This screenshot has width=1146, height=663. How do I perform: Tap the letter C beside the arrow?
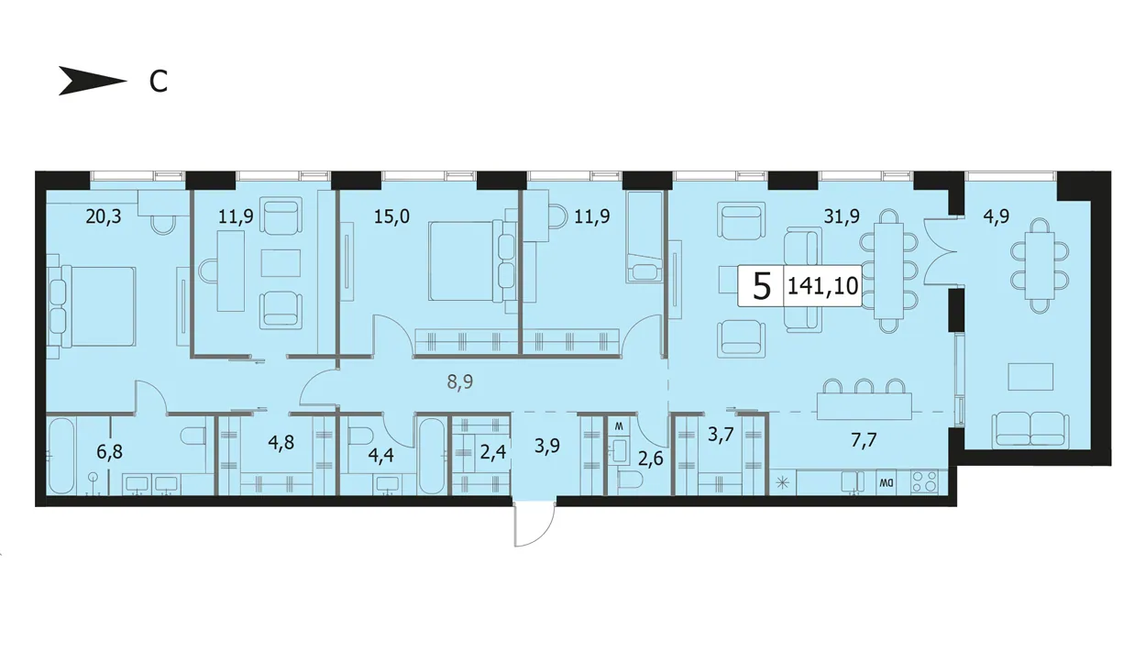158,82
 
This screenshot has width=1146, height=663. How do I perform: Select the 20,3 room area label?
104,217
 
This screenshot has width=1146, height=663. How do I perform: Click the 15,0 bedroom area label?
391,217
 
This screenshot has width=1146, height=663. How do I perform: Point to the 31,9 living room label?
842,217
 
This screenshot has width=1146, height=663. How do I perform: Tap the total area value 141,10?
822,286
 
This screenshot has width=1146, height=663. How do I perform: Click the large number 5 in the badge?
762,286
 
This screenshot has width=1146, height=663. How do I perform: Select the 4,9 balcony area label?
996,217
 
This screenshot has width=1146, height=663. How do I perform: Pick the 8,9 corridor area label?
460,381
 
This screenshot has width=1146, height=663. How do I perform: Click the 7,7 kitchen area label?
865,440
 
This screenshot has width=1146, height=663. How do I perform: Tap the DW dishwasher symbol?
886,482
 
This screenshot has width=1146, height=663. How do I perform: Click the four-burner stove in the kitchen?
925,482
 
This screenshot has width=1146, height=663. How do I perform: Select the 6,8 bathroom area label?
109,452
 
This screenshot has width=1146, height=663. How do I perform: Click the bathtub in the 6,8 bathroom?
62,456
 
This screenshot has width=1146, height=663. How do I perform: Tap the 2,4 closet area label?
493,452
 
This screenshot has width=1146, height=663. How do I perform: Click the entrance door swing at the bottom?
534,525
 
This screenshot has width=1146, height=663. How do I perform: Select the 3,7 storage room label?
721,436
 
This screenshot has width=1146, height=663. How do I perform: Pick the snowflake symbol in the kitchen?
783,483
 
